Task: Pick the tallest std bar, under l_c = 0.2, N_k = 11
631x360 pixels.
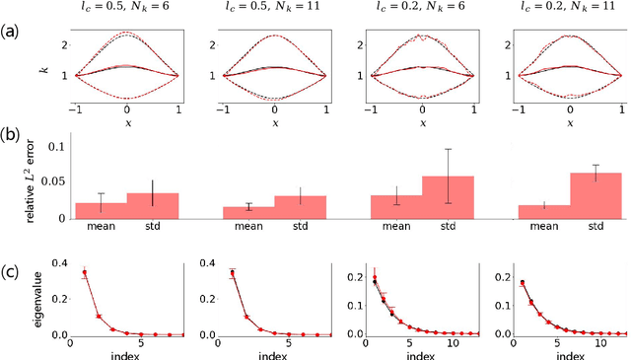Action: pyautogui.click(x=596, y=195)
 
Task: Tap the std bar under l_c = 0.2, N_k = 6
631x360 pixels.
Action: pyautogui.click(x=448, y=197)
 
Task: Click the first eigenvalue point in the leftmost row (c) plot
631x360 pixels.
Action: pyautogui.click(x=85, y=272)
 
